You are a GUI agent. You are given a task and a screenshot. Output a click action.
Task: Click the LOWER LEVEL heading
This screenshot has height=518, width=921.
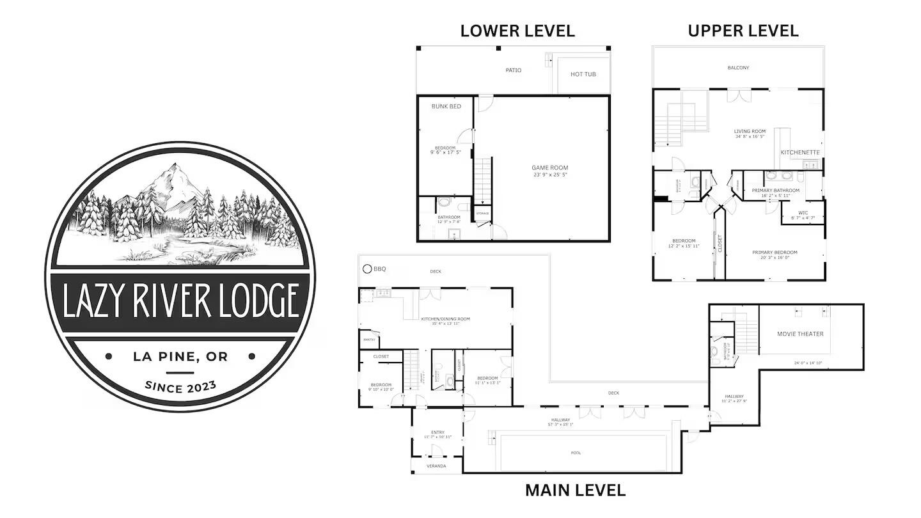pyautogui.click(x=517, y=30)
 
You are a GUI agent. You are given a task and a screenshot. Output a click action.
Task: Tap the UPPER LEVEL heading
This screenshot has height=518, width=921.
pyautogui.click(x=743, y=30)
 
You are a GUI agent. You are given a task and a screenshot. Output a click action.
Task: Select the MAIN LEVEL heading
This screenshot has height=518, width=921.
pyautogui.click(x=575, y=491)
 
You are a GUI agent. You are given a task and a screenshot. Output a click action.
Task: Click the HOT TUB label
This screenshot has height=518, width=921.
pyautogui.click(x=583, y=74)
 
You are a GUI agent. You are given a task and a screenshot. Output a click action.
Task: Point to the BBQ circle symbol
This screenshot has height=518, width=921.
pyautogui.click(x=367, y=269)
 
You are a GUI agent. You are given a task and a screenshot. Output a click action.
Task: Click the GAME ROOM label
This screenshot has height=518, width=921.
pyautogui.click(x=549, y=168)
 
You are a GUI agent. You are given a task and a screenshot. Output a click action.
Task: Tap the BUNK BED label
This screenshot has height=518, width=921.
pyautogui.click(x=446, y=106)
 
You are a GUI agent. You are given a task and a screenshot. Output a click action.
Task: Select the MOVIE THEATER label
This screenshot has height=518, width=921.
pyautogui.click(x=800, y=334)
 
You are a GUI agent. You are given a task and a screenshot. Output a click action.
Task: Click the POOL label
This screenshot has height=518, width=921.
pyautogui.click(x=577, y=453)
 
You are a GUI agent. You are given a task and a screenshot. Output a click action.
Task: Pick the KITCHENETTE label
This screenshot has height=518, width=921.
pyautogui.click(x=799, y=152)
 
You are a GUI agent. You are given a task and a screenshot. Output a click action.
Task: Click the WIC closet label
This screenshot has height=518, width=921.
pyautogui.click(x=803, y=212)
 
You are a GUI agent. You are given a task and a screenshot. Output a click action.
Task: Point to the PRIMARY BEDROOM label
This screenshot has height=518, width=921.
pyautogui.click(x=775, y=252)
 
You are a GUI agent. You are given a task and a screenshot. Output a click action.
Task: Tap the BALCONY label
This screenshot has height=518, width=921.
pyautogui.click(x=738, y=67)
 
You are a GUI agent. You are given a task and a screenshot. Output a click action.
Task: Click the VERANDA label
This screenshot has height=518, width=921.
pyautogui.click(x=437, y=466)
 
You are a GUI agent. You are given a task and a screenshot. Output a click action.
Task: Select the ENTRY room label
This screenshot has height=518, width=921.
pyautogui.click(x=437, y=432)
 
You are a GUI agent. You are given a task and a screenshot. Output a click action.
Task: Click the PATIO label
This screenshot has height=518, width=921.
pyautogui.click(x=513, y=70)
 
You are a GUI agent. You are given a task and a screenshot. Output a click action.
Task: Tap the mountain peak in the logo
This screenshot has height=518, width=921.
pyautogui.click(x=174, y=168)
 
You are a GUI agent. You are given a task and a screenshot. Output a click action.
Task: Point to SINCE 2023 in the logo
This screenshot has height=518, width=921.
pyautogui.click(x=180, y=387)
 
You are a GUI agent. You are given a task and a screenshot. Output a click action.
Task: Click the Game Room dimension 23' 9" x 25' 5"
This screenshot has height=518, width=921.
pyautogui.click(x=549, y=175)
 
